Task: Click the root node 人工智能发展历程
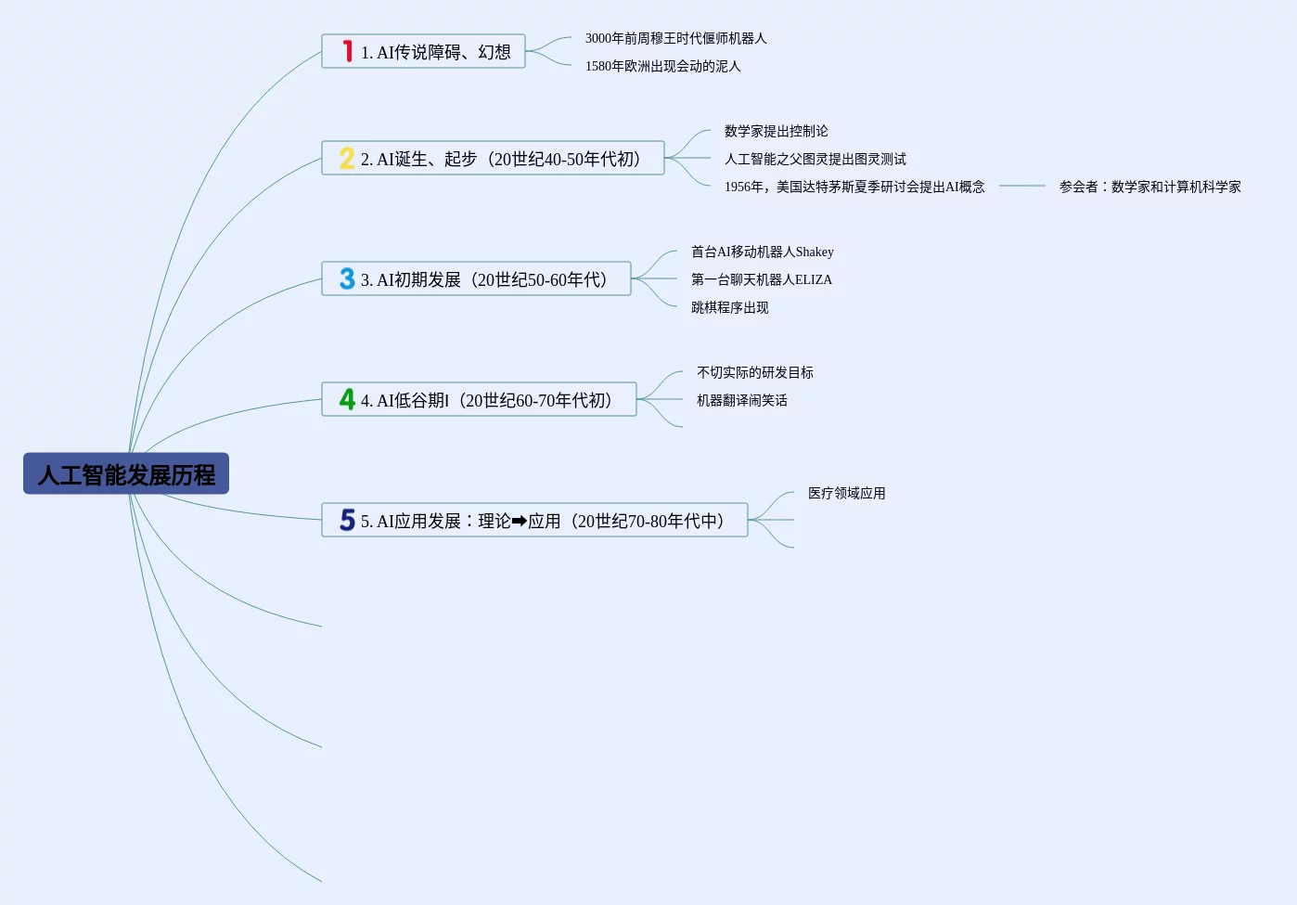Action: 126,474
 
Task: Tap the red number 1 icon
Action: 348,51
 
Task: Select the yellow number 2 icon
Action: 347,158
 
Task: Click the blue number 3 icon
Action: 347,278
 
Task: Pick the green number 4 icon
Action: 347,399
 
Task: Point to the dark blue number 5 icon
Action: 347,520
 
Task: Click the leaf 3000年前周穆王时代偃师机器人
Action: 675,38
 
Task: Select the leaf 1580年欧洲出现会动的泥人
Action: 662,66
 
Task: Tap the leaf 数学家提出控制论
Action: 776,131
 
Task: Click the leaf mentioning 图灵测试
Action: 815,159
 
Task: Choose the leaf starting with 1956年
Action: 854,187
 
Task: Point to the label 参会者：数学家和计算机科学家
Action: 1149,187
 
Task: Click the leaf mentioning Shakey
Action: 762,252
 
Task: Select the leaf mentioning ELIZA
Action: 761,279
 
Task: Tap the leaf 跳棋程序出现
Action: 729,307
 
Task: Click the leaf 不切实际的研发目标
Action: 754,372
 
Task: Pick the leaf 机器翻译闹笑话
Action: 741,400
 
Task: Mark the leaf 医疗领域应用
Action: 846,493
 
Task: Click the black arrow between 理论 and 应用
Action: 519,521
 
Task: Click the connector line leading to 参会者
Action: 1021,187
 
